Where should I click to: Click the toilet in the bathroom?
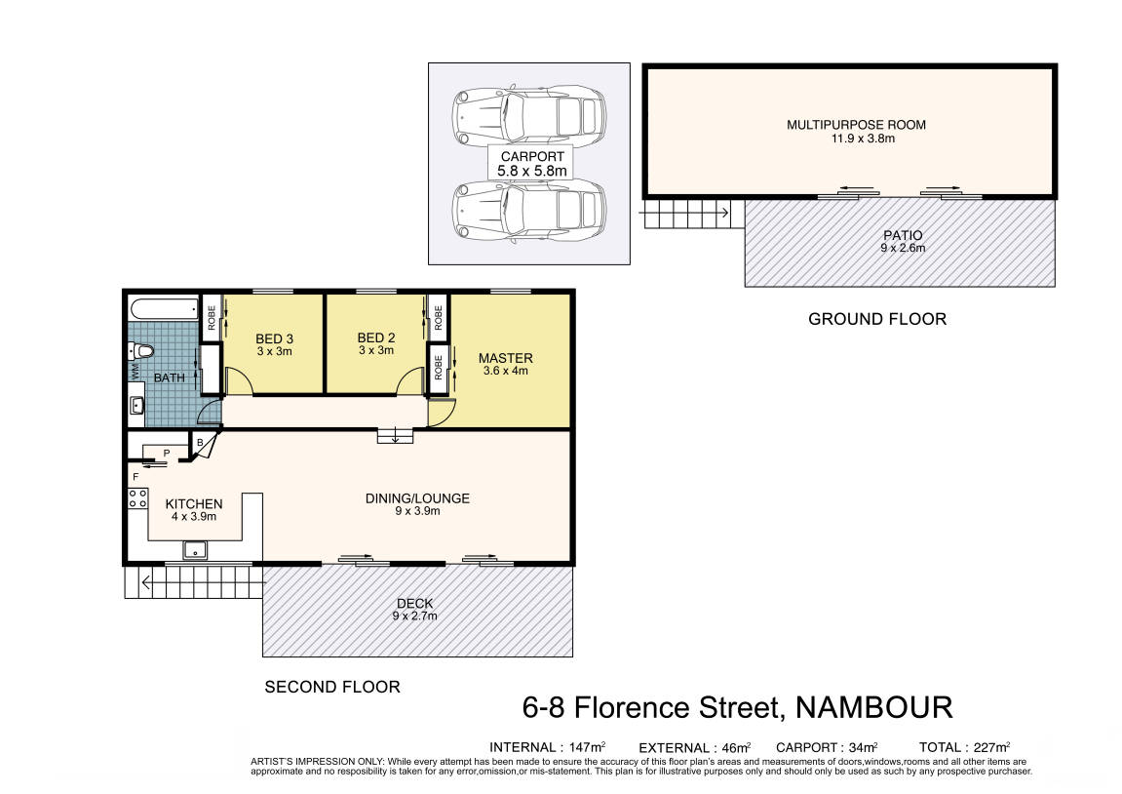click(x=142, y=351)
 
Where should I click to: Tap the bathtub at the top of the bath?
click(x=164, y=308)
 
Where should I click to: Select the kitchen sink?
click(x=195, y=550)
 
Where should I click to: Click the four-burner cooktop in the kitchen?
click(x=137, y=498)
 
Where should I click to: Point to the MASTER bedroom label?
click(x=505, y=358)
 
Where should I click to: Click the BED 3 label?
click(x=274, y=339)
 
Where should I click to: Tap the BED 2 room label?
click(x=375, y=337)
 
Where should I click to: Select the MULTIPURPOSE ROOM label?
click(x=856, y=125)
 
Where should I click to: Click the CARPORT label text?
click(x=532, y=156)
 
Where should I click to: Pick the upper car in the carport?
click(x=528, y=114)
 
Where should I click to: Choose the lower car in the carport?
click(x=528, y=211)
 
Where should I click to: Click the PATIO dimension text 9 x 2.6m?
click(x=903, y=248)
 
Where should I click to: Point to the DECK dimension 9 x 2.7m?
click(x=414, y=615)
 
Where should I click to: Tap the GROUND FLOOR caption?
click(x=877, y=319)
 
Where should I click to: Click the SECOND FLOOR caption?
click(x=332, y=688)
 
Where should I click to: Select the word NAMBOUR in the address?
click(x=873, y=708)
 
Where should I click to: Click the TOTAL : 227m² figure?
click(x=964, y=747)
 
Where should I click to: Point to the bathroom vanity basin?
click(x=136, y=405)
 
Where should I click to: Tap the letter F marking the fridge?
click(x=135, y=477)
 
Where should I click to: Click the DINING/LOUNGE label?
click(x=417, y=498)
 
